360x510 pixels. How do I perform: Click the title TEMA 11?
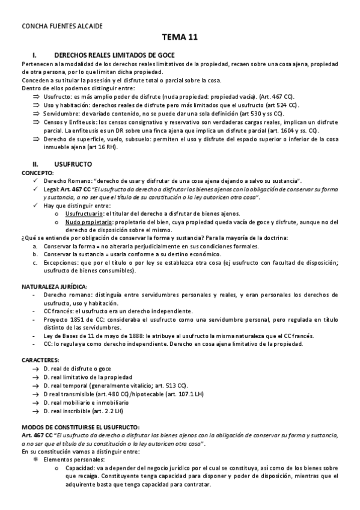point(180,37)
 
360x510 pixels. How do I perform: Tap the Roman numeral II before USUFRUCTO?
point(35,163)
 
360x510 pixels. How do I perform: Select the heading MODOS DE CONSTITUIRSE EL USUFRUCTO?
point(80,426)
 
